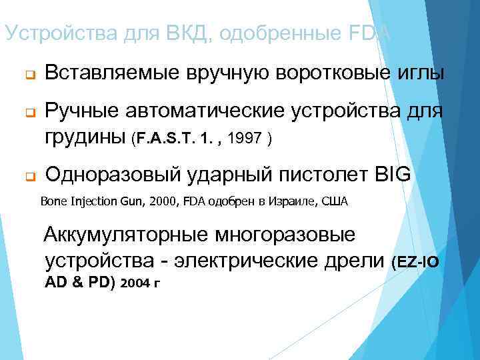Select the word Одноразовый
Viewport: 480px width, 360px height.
(x=112, y=175)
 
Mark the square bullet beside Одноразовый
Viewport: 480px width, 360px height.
(x=30, y=177)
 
